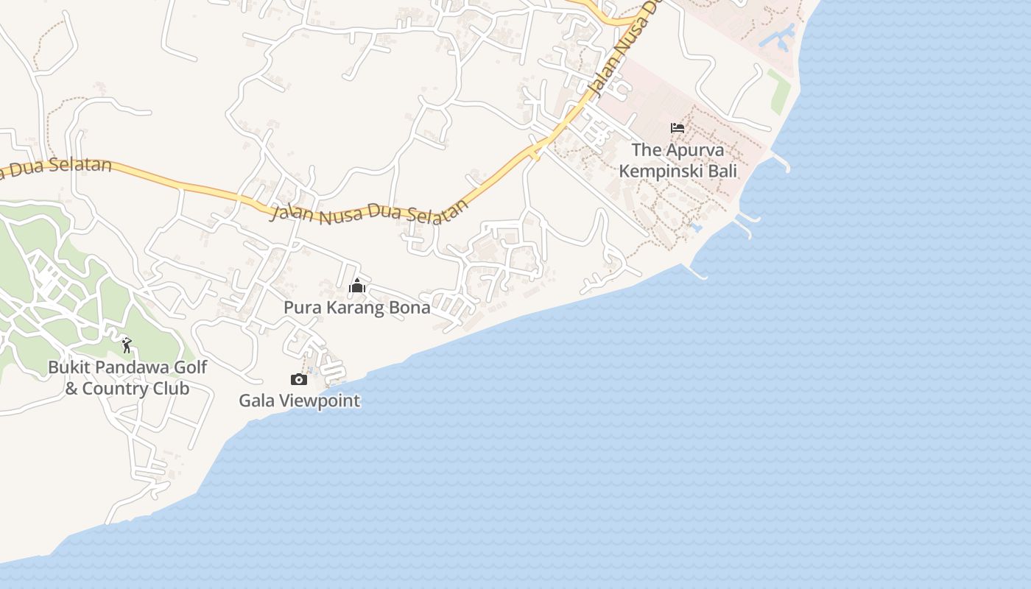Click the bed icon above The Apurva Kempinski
[678, 128]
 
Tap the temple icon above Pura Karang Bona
[357, 286]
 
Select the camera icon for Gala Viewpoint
[299, 379]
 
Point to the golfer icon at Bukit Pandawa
[127, 345]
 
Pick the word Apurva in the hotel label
[695, 150]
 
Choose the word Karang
[355, 308]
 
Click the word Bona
[409, 308]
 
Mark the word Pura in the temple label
[301, 308]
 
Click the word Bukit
[68, 367]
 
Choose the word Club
[172, 389]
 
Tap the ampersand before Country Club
[71, 389]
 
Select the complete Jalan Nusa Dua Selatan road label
[369, 211]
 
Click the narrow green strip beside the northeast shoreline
[779, 91]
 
